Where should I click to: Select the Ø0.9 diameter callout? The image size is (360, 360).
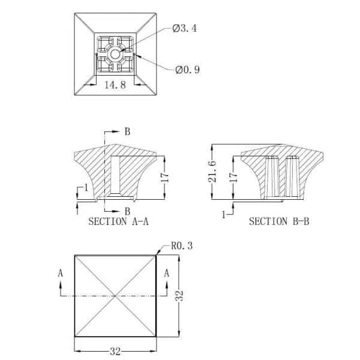(187, 70)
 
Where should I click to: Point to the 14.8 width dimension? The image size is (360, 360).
(115, 85)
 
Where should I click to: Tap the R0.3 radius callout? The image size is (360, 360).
(179, 245)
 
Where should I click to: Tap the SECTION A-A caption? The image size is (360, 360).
(118, 221)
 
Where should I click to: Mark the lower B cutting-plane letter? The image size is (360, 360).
(127, 211)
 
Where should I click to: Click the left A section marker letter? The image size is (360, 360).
(60, 272)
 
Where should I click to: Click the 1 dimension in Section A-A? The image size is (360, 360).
(86, 188)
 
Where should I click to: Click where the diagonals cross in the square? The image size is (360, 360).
(115, 295)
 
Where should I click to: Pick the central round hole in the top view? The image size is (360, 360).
(115, 53)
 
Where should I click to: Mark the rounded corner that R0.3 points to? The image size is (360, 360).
(157, 256)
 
